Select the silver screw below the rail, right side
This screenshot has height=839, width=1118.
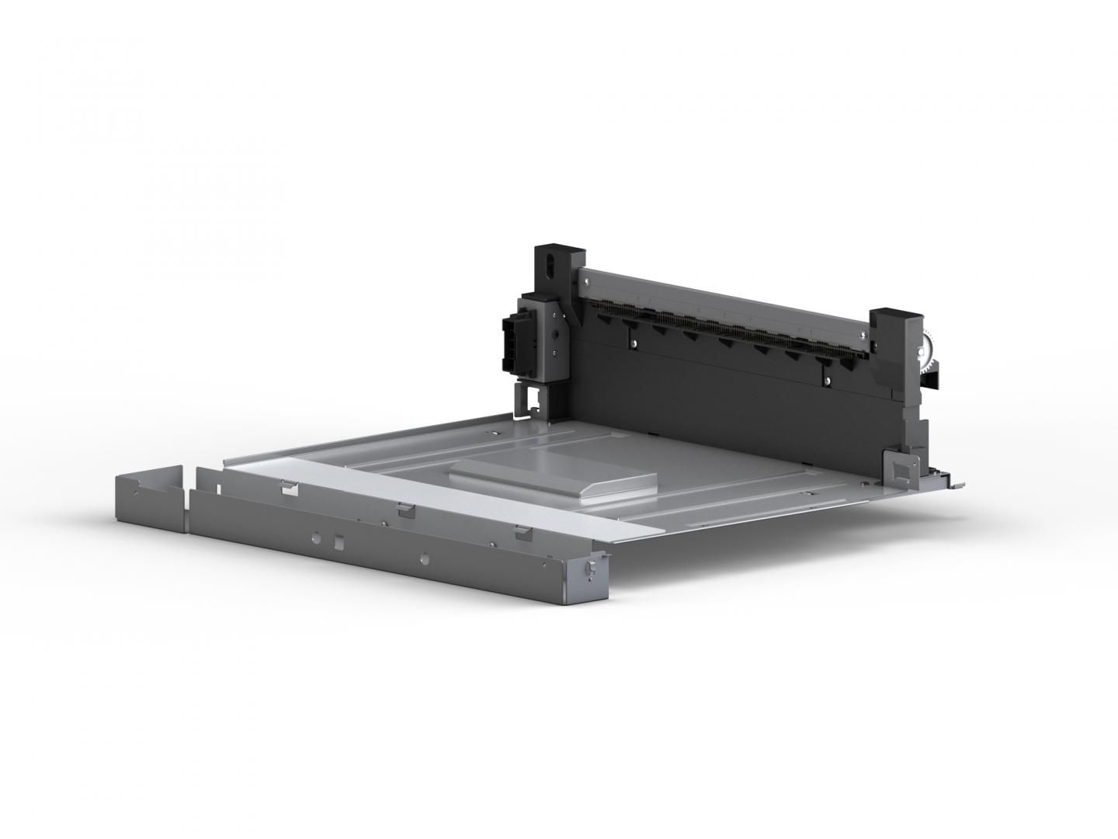pos(828,379)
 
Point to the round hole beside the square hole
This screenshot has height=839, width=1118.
pos(317,536)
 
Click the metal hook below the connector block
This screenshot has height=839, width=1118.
pos(533,399)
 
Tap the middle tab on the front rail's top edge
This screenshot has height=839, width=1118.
pos(404,510)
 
